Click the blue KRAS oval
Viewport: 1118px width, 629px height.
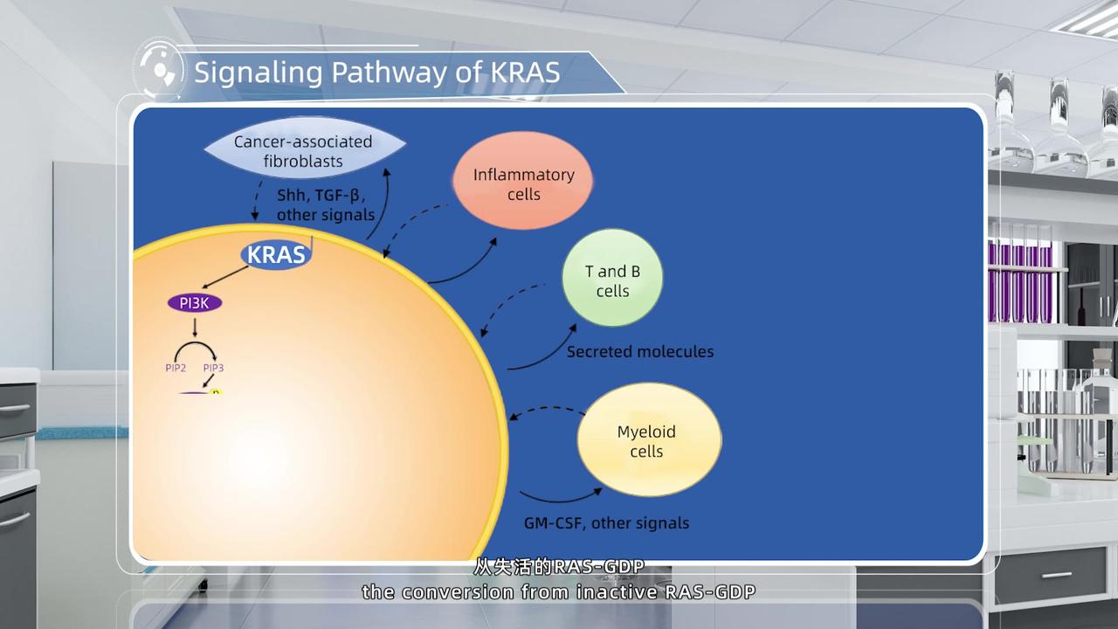pos(276,254)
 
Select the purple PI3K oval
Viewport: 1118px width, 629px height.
pos(194,303)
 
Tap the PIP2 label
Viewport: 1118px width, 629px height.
pos(176,368)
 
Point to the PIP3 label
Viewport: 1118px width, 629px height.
pos(213,368)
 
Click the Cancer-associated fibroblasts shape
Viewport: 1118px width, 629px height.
pos(303,151)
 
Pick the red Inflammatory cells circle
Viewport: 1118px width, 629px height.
pos(522,183)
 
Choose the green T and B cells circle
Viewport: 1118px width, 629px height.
pos(611,280)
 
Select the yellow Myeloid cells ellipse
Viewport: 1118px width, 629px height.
pos(647,441)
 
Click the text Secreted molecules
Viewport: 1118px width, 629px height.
pos(639,351)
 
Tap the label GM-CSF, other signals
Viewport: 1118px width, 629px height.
pos(600,523)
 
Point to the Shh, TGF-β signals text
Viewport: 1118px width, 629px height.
pos(325,205)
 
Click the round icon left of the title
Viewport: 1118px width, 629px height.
pos(159,71)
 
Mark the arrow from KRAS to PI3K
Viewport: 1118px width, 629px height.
pos(225,279)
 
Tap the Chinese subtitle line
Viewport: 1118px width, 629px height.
pos(559,567)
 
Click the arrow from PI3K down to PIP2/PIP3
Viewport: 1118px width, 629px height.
pos(195,327)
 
